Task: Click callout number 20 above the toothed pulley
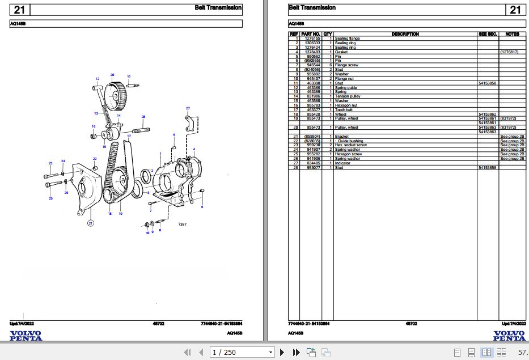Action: coord(112,75)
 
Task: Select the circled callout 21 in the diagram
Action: coord(90,224)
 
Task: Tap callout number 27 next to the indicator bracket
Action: coord(188,108)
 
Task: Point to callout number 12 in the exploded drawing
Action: coord(97,78)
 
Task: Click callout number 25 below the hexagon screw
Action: coord(50,198)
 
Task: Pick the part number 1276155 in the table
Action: coord(312,39)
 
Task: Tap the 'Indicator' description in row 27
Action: coord(342,163)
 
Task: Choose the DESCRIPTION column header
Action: coord(405,34)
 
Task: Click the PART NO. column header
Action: coord(311,34)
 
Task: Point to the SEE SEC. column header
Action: coord(488,34)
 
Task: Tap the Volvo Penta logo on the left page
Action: coord(26,336)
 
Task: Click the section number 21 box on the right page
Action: coord(515,10)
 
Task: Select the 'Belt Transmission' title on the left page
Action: coord(223,8)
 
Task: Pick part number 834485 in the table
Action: coord(314,163)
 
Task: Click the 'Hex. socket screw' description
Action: coord(350,145)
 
